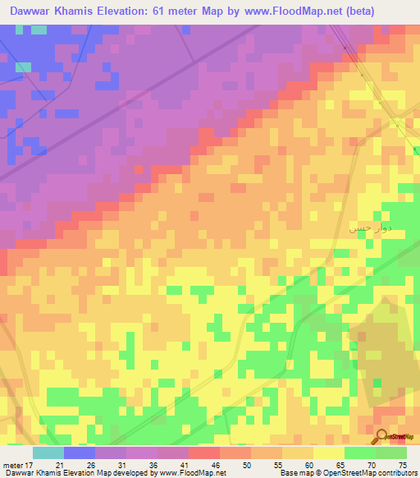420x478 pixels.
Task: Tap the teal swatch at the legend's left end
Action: [x=48, y=453]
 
